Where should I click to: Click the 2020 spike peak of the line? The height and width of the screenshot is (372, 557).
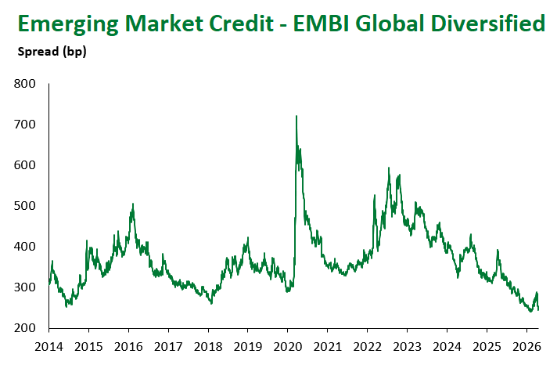coord(296,117)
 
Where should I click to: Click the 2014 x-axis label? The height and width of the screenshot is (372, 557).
coord(49,345)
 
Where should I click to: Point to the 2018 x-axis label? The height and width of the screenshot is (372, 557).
coord(208,345)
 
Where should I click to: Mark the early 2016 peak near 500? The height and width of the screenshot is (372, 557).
coord(133,204)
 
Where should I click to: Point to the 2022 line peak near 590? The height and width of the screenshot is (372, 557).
coord(388,168)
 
